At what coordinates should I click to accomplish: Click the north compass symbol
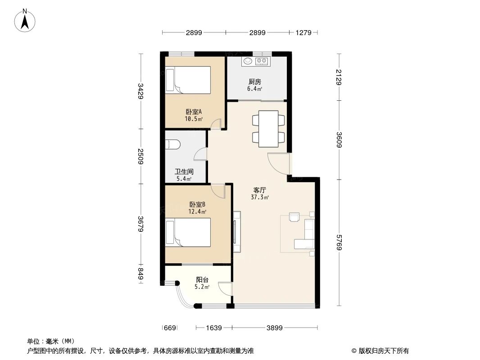(26, 20)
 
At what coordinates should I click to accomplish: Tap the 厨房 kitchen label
(254, 82)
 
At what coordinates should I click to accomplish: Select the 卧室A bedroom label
(193, 112)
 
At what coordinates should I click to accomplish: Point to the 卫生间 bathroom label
(184, 171)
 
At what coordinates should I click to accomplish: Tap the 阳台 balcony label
(202, 279)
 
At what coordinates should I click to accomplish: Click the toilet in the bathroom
(173, 144)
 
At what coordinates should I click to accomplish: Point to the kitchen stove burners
(262, 61)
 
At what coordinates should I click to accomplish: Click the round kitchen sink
(247, 61)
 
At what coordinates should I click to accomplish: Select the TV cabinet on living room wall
(237, 231)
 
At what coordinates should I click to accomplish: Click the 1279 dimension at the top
(303, 32)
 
